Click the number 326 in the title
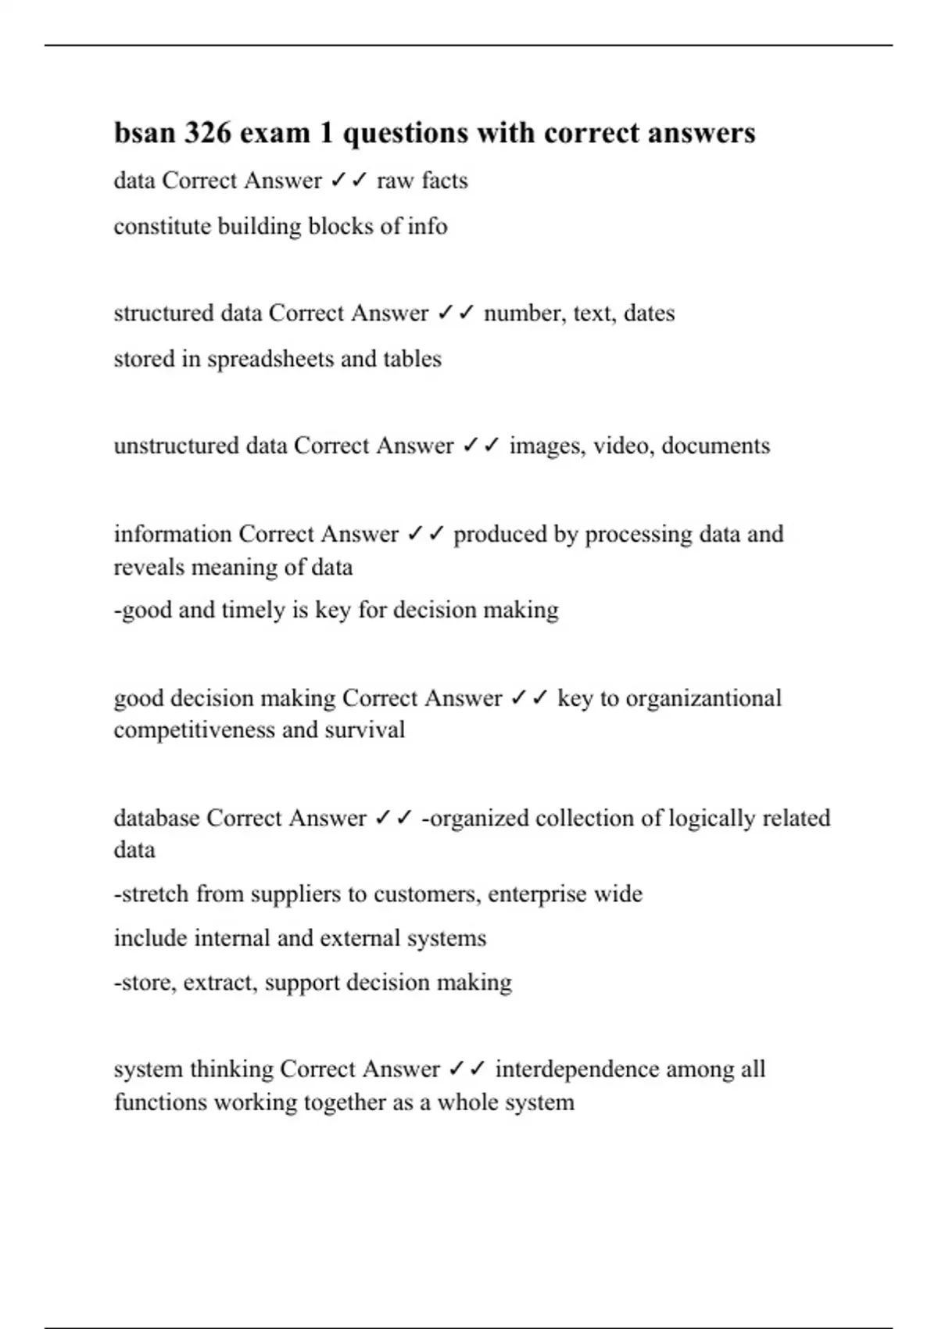pos(207,133)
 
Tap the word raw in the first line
pos(394,181)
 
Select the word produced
pos(500,534)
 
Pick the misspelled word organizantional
pos(703,698)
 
